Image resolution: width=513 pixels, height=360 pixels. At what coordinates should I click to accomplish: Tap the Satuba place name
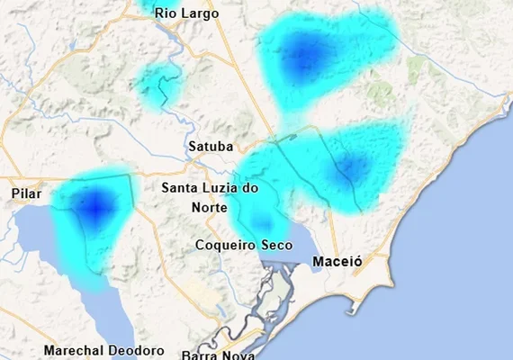(211, 146)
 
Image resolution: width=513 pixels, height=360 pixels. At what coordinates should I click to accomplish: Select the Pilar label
(27, 193)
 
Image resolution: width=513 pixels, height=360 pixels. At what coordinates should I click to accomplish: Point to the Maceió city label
(337, 262)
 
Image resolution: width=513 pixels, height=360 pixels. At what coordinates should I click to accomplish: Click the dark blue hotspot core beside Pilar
(94, 205)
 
